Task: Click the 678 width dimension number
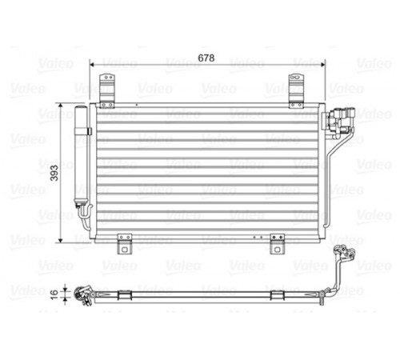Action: [x=206, y=58]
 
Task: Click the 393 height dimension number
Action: [x=54, y=173]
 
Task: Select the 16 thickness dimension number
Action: [x=54, y=294]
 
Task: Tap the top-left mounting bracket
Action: [x=107, y=91]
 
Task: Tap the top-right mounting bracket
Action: [x=296, y=91]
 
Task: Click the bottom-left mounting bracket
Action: [x=125, y=244]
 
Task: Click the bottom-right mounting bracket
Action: [x=277, y=244]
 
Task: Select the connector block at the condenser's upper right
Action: [x=338, y=121]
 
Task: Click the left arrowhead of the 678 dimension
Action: [x=92, y=64]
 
